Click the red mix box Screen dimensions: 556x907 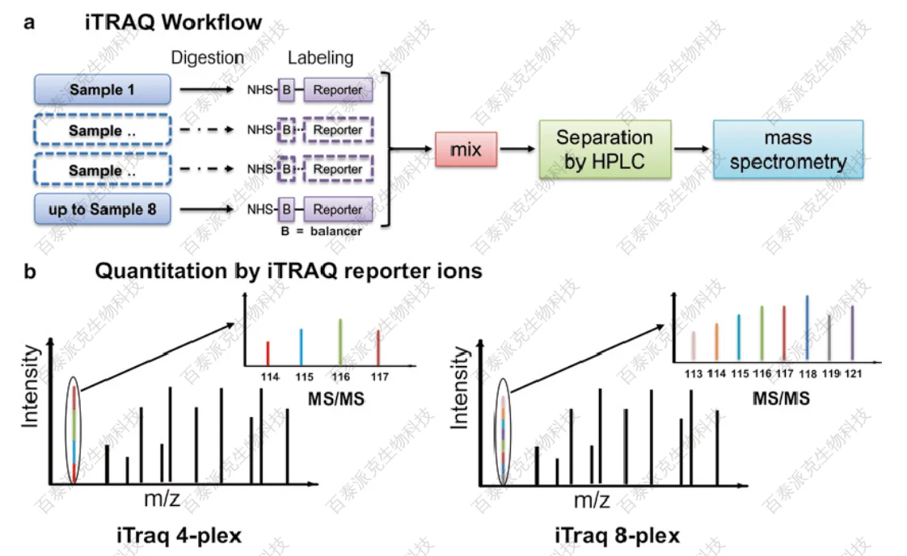(466, 150)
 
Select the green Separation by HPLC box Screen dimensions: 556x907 (604, 150)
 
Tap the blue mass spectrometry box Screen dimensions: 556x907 (787, 150)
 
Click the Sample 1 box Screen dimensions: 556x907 (103, 90)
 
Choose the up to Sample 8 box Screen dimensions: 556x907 (103, 209)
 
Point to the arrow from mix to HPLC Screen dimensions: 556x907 (517, 150)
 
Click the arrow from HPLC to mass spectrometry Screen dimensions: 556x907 (691, 150)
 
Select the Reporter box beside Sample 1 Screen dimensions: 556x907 (338, 90)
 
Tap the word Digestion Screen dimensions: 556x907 (207, 58)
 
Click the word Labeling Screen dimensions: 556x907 (321, 58)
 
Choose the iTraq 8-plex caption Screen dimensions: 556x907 (617, 535)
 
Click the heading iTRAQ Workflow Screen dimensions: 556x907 (174, 22)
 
